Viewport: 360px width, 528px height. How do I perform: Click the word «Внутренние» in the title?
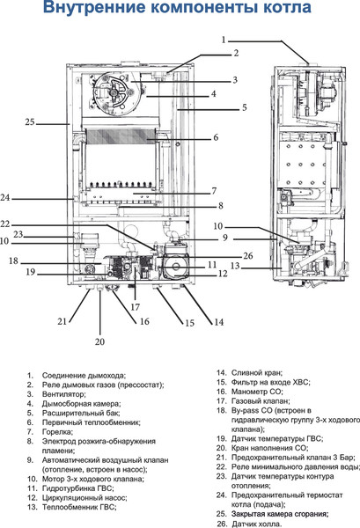coord(88,11)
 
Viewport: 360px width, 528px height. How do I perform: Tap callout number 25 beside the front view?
coord(29,121)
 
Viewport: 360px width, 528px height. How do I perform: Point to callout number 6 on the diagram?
coord(215,137)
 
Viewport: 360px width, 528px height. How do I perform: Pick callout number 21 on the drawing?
coord(62,321)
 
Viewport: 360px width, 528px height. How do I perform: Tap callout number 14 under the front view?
coord(217,322)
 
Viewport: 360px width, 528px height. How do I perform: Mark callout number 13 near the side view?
coord(235,265)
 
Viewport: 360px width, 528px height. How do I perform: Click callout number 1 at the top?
coord(224,40)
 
